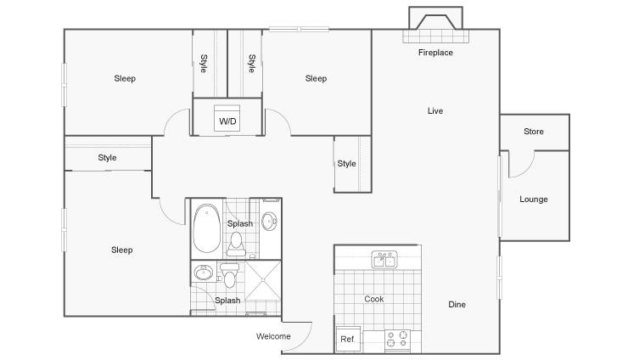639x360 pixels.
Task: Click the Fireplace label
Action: (435, 53)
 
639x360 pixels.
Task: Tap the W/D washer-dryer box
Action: (227, 119)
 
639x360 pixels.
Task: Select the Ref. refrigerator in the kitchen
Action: (348, 340)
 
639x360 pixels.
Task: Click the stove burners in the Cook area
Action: (397, 340)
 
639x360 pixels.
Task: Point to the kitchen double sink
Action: (384, 260)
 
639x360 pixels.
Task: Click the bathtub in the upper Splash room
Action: (207, 228)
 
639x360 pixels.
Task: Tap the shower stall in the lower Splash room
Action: (262, 281)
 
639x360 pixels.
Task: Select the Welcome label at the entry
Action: (273, 336)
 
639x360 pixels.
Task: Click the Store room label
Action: (534, 132)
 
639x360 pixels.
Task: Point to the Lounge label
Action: (534, 200)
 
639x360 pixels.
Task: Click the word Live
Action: (435, 111)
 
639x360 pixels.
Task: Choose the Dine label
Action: (457, 305)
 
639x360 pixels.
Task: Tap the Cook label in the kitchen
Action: (374, 299)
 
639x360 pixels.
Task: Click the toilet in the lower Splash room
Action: (229, 275)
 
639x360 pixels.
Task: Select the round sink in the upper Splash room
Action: (269, 221)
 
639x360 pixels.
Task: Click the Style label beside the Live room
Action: (346, 164)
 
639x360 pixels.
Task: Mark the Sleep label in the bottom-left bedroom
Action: (122, 250)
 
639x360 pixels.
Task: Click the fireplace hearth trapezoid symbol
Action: (435, 22)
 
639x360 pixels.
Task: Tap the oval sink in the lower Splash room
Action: (204, 273)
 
